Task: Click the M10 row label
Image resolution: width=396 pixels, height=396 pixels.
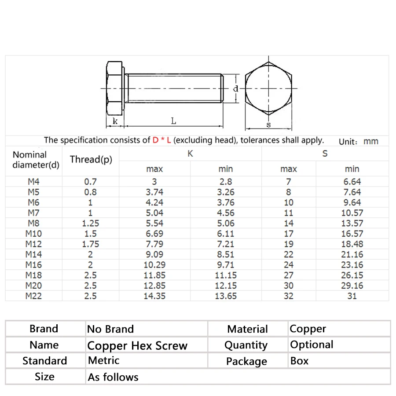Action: pyautogui.click(x=33, y=234)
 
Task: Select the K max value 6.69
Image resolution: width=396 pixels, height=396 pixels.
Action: pyautogui.click(x=154, y=234)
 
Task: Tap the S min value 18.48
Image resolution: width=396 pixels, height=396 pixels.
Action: pyautogui.click(x=352, y=244)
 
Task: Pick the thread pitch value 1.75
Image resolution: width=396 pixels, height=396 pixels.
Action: pyautogui.click(x=91, y=244)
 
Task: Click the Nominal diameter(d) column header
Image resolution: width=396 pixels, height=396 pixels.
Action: pyautogui.click(x=36, y=160)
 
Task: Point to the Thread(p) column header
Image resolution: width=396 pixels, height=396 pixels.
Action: pyautogui.click(x=91, y=159)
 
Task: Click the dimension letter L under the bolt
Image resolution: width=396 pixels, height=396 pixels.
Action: pyautogui.click(x=174, y=121)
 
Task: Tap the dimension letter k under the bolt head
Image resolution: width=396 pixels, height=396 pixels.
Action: pyautogui.click(x=115, y=121)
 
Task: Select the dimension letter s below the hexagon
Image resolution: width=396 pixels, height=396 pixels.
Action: pyautogui.click(x=268, y=125)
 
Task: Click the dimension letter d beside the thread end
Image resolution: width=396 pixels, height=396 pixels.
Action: pyautogui.click(x=236, y=88)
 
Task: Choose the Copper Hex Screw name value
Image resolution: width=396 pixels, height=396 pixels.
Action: pyautogui.click(x=137, y=346)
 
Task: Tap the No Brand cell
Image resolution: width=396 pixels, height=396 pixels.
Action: pyautogui.click(x=110, y=329)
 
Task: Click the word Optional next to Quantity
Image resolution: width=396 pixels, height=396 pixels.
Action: pyautogui.click(x=312, y=345)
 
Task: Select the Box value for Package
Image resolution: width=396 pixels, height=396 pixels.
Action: pyautogui.click(x=299, y=361)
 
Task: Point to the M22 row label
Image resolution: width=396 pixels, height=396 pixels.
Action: pyautogui.click(x=33, y=296)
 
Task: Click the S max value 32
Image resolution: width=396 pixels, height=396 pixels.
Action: pyautogui.click(x=289, y=296)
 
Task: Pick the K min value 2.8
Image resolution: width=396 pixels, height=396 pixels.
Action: pyautogui.click(x=226, y=181)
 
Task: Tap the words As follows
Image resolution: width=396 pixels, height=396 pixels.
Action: pyautogui.click(x=113, y=377)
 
